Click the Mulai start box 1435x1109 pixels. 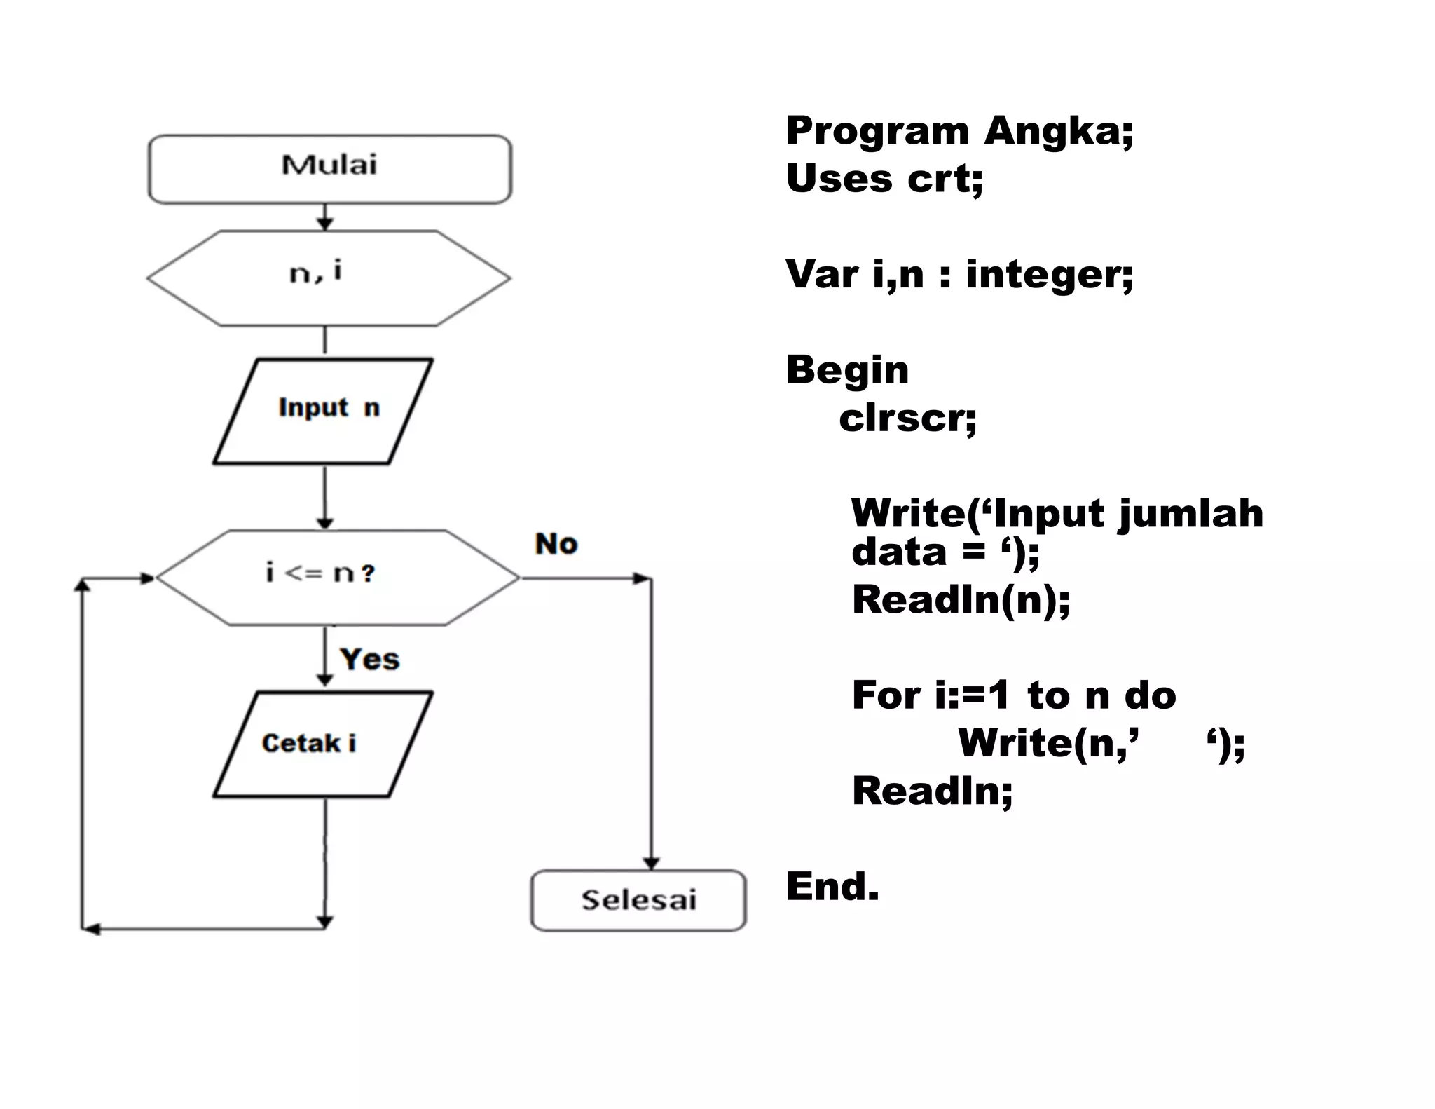point(329,169)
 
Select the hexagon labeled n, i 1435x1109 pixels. point(328,278)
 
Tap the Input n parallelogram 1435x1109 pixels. point(323,411)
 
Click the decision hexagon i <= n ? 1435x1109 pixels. point(336,577)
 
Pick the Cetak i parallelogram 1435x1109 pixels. point(323,744)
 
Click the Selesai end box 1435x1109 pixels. point(638,900)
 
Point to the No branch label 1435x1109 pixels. point(556,544)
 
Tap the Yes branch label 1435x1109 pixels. point(369,660)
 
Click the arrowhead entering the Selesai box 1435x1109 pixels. point(652,863)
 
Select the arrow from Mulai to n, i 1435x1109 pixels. point(324,217)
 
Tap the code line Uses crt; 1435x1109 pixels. point(884,178)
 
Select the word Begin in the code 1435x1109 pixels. point(847,369)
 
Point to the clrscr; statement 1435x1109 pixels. point(907,419)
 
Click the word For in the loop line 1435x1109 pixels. point(886,695)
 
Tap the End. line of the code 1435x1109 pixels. point(832,886)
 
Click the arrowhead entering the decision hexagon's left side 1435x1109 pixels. point(148,578)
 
